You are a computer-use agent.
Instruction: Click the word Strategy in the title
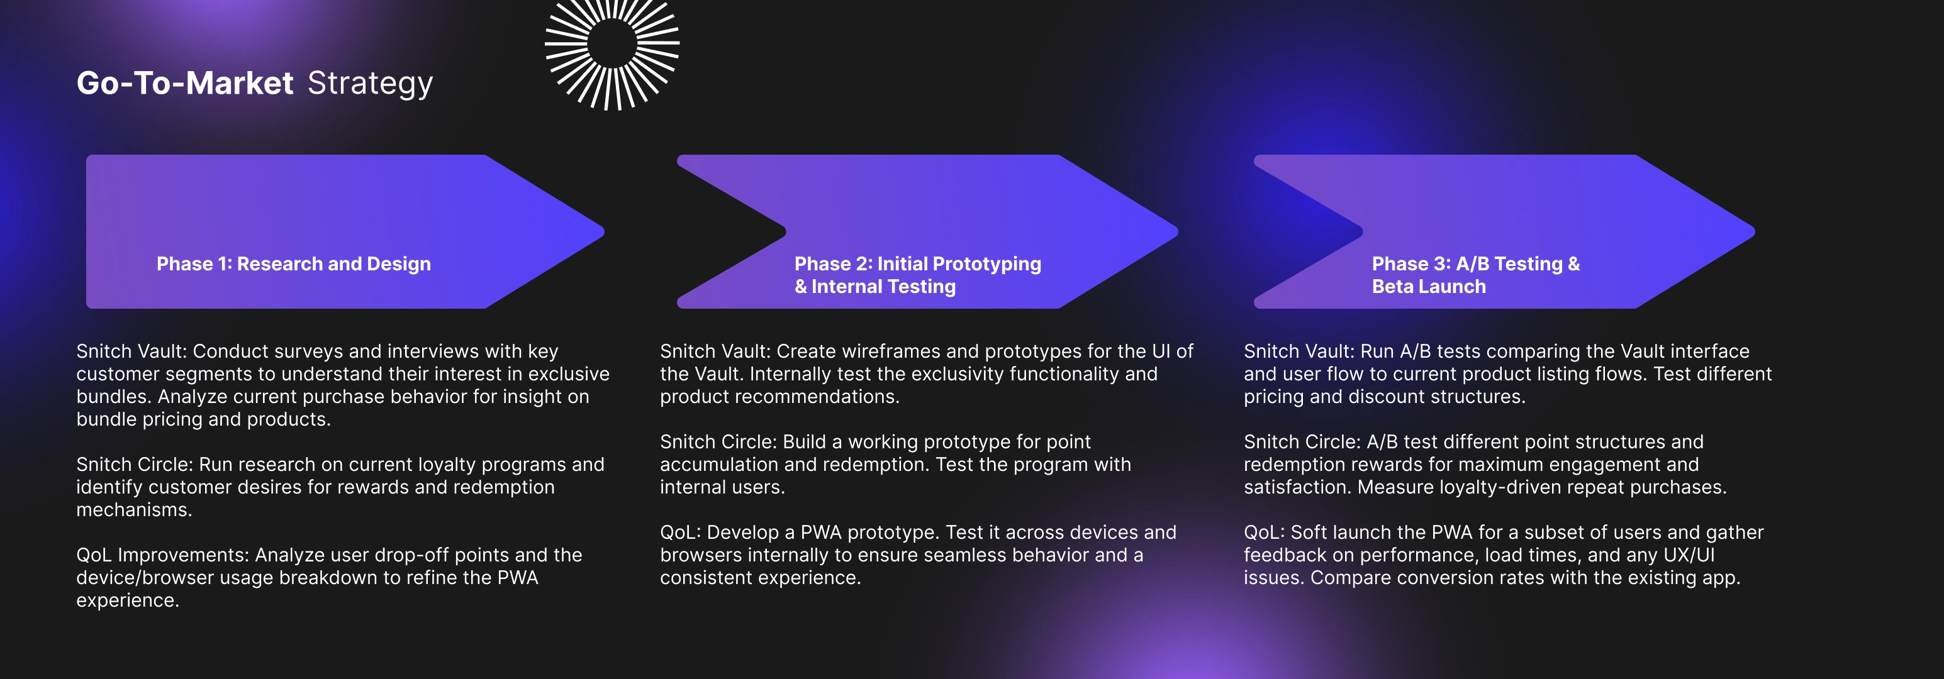click(370, 84)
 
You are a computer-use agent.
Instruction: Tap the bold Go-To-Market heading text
click(185, 83)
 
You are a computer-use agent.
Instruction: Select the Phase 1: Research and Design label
click(294, 264)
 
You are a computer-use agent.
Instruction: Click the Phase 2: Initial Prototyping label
click(918, 264)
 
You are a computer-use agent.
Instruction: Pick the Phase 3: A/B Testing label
click(1475, 264)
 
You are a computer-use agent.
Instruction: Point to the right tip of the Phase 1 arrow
click(604, 231)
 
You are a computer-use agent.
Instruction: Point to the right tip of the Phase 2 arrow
click(1177, 231)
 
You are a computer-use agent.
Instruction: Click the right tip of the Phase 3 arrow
click(1754, 231)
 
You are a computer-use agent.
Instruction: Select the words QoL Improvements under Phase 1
click(162, 555)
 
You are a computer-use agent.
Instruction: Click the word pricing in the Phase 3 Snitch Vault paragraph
click(1274, 397)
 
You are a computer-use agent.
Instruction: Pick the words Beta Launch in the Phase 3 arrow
click(1429, 287)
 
